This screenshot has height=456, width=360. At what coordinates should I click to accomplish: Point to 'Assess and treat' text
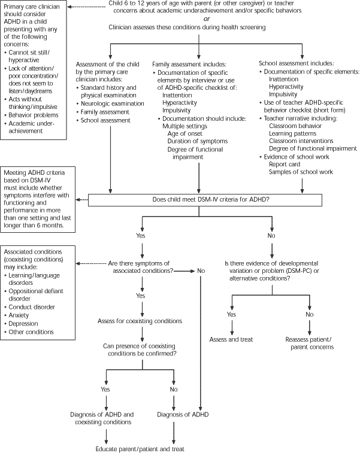[231, 339]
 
